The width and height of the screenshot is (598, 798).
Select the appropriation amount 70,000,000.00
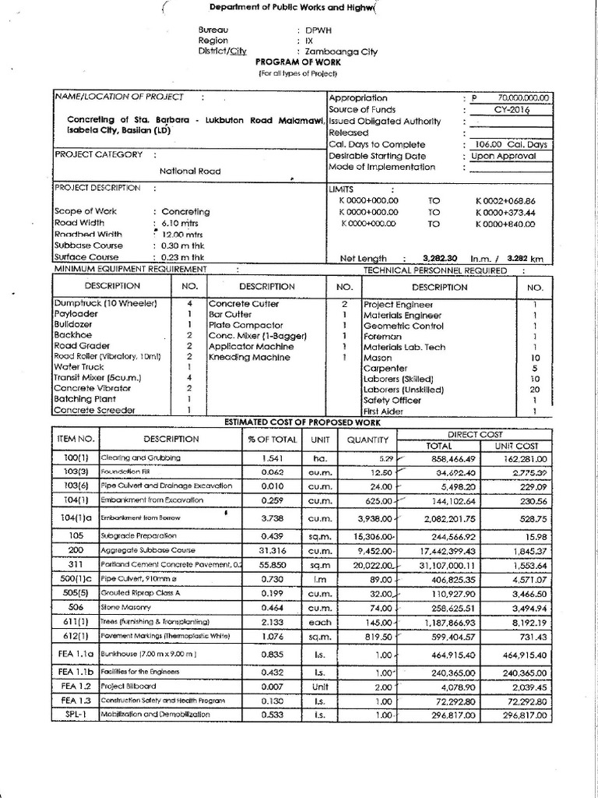click(x=524, y=98)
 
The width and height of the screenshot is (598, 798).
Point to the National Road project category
click(x=190, y=171)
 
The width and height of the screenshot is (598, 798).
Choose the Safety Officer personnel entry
click(x=392, y=399)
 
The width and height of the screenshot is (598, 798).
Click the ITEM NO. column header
click(x=76, y=439)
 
